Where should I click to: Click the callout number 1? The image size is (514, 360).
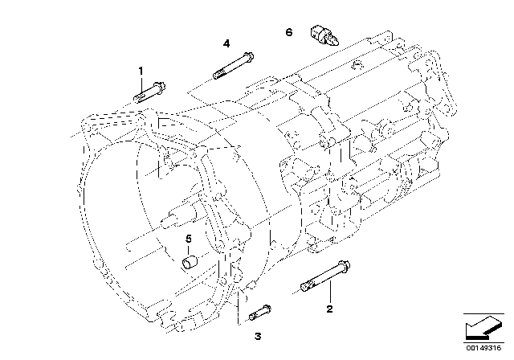[x=141, y=71]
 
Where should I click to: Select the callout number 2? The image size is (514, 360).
[x=329, y=309]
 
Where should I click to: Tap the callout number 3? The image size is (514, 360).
[x=258, y=336]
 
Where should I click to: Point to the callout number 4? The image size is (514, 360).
[x=226, y=43]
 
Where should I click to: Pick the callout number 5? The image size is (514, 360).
[x=189, y=239]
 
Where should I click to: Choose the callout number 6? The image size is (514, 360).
[x=289, y=32]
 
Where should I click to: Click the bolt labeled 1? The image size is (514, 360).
[x=149, y=92]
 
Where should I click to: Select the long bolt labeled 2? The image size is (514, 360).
[x=324, y=276]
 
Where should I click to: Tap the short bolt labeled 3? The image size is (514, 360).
[x=260, y=313]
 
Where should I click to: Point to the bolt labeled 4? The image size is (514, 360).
[x=234, y=65]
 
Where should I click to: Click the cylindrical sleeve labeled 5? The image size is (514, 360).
[x=190, y=263]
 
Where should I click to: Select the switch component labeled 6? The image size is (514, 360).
[x=324, y=35]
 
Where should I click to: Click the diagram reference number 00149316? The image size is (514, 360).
[x=483, y=348]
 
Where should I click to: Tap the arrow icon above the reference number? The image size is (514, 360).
[x=483, y=327]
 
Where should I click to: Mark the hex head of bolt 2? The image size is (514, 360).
[x=345, y=265]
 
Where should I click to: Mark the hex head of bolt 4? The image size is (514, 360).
[x=249, y=56]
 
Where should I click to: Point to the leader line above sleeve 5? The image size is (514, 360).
[x=189, y=250]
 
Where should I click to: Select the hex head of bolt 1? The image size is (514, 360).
[x=161, y=87]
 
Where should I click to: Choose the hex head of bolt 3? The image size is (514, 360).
[x=267, y=309]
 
